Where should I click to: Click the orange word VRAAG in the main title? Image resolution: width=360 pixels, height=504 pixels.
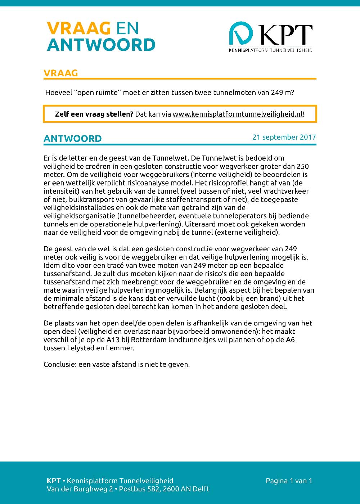point(78,28)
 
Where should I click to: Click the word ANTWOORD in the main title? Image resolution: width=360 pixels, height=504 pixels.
point(101,45)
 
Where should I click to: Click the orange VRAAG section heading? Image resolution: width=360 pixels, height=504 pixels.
point(61,73)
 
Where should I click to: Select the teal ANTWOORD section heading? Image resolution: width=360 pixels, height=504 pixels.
point(73,139)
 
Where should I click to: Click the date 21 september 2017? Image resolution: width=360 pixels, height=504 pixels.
point(284,137)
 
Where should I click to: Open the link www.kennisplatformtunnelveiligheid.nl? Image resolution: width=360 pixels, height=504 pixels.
point(238,114)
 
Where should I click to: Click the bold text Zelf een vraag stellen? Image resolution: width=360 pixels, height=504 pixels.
point(94,114)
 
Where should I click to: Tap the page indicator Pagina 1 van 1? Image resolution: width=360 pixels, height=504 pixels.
point(289,481)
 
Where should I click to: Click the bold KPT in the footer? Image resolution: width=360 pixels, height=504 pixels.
point(54,481)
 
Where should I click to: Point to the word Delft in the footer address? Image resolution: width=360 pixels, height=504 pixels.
point(201,489)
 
